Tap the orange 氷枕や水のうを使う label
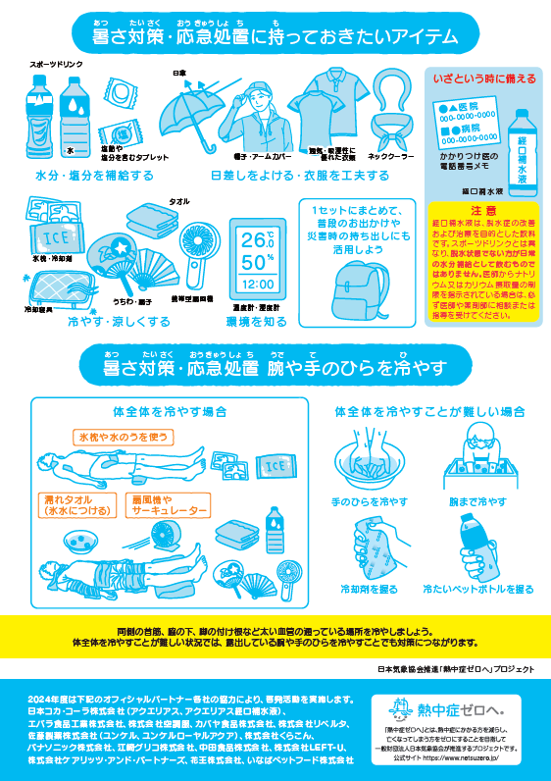point(123,435)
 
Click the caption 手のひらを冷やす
point(368,501)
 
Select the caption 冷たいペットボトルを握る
point(479,589)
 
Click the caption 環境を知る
point(258,320)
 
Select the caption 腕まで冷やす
point(478,501)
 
